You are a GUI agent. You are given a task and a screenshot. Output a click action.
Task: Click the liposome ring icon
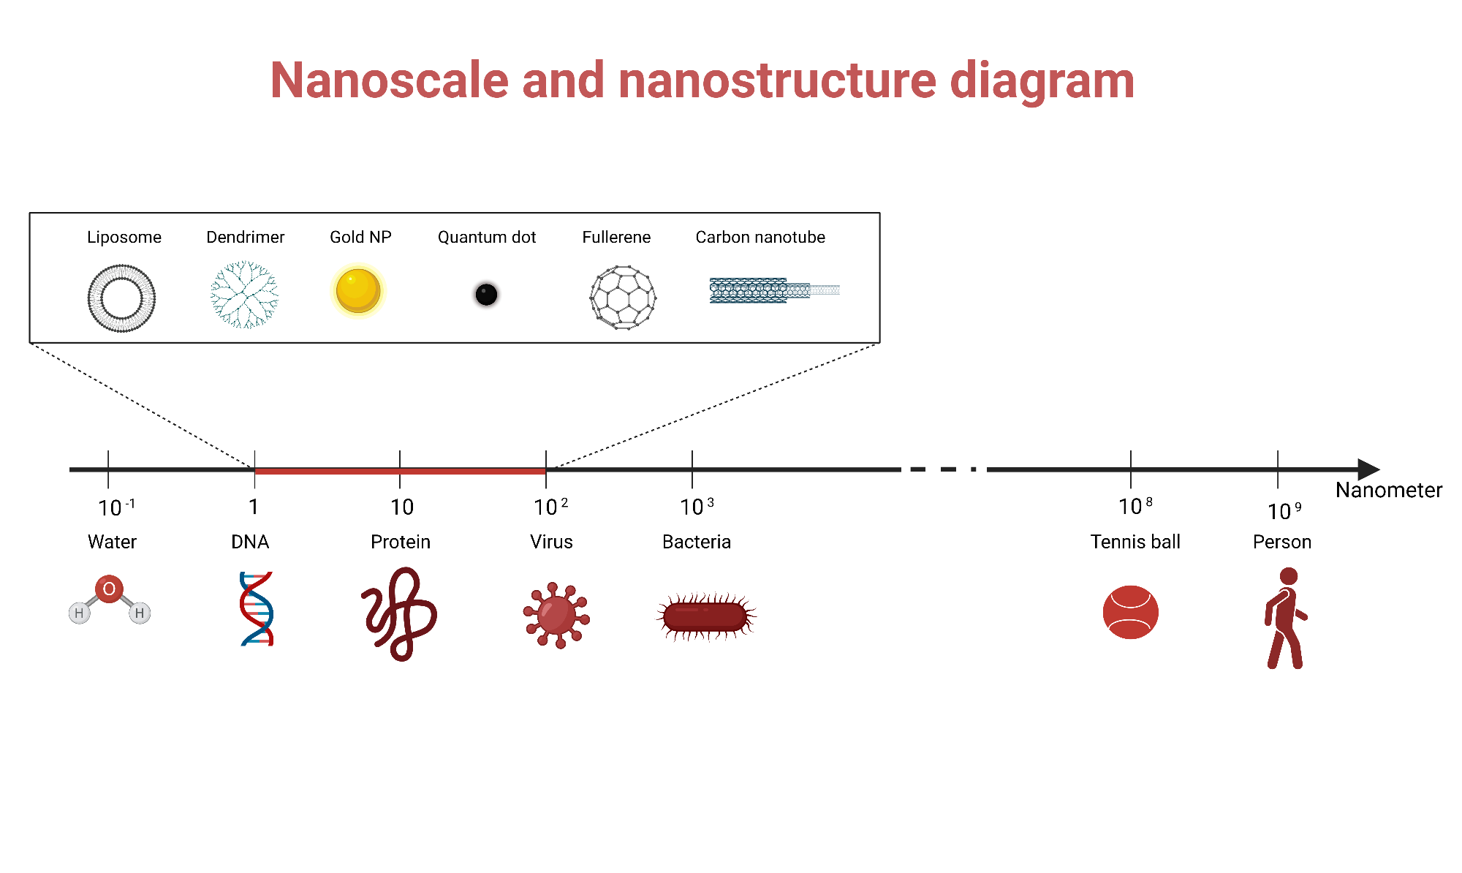coord(121,298)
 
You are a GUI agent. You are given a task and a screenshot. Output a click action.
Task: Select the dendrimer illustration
coord(244,295)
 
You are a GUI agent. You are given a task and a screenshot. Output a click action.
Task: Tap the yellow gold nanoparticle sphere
coord(358,290)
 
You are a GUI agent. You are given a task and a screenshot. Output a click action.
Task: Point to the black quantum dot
coord(486,295)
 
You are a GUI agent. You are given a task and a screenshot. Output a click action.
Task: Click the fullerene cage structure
coord(623,298)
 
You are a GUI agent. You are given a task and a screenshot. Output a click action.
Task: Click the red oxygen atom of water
coord(109,589)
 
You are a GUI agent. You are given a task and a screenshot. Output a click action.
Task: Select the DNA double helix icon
coord(257,609)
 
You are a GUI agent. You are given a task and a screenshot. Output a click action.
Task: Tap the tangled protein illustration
coord(400,614)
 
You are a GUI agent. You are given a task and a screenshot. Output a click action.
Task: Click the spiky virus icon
coord(556,615)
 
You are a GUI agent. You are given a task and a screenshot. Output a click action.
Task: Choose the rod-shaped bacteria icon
coord(705,617)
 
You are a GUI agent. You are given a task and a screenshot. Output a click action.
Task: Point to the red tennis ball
coord(1130,612)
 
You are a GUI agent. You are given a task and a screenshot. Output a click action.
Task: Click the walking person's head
coord(1289,576)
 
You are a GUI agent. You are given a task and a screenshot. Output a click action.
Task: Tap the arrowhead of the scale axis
coord(1368,469)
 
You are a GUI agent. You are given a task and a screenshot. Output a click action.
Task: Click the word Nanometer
coord(1388,490)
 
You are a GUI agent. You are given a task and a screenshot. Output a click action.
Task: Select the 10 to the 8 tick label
coord(1135,506)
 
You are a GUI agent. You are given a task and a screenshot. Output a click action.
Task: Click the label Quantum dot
coord(487,237)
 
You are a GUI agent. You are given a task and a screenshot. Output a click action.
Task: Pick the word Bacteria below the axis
coord(696,542)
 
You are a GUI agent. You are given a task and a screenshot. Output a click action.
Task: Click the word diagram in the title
coord(1042,80)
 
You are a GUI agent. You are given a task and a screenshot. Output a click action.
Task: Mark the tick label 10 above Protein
coord(401,507)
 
